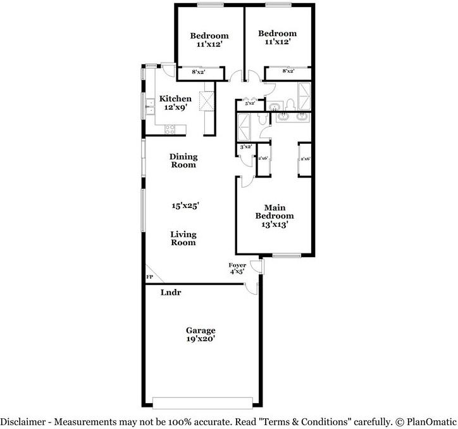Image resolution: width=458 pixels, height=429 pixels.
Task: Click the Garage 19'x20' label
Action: click(201, 335)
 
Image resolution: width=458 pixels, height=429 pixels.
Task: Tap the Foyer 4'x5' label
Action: click(238, 268)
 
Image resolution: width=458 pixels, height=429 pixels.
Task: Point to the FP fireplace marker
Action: click(150, 277)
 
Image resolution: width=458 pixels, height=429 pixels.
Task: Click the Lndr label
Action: click(171, 293)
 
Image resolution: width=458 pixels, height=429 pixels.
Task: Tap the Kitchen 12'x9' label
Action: click(175, 103)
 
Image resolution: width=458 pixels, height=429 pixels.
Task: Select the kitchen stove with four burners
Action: click(171, 129)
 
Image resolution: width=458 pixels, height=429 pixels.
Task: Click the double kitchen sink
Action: click(151, 106)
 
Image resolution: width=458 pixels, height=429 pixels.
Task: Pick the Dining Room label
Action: click(183, 160)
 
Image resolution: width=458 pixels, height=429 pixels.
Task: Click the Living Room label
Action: click(183, 238)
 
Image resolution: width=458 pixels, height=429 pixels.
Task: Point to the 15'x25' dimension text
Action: click(186, 205)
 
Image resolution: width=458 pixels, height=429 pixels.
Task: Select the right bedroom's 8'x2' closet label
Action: click(288, 72)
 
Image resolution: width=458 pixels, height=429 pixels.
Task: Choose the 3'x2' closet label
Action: click(246, 146)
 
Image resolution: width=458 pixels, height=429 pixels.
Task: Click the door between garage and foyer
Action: click(252, 288)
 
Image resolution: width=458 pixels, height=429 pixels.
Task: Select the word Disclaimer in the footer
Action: click(23, 421)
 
